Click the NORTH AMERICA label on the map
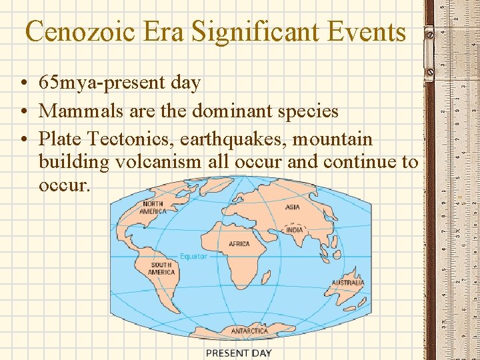click(x=153, y=207)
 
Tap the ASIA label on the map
click(x=293, y=207)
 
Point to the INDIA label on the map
click(x=294, y=230)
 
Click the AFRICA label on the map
click(x=239, y=244)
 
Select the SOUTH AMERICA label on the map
click(x=162, y=268)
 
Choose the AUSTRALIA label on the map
click(x=348, y=283)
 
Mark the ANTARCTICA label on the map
click(x=249, y=331)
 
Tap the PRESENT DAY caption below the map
click(x=239, y=353)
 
